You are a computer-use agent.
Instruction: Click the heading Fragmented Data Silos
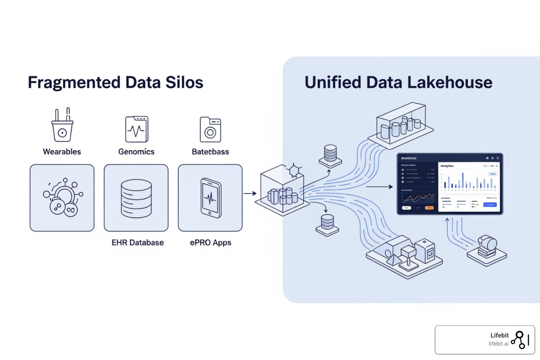click(x=115, y=83)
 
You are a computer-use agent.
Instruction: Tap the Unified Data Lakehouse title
click(x=398, y=83)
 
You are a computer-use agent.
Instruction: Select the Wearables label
click(x=62, y=152)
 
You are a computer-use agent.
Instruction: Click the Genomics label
click(x=136, y=152)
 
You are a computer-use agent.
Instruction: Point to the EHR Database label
click(x=137, y=243)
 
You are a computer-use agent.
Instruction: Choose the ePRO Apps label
click(x=211, y=243)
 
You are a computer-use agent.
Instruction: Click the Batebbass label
click(x=210, y=152)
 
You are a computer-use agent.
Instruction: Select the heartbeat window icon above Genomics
click(x=137, y=129)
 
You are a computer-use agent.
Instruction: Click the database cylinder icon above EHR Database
click(x=136, y=198)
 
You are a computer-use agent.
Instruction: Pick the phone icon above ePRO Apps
click(x=211, y=198)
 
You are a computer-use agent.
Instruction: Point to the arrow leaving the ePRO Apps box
click(x=250, y=193)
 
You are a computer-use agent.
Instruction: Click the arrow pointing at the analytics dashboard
click(x=379, y=187)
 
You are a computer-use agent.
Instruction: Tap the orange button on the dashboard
click(x=429, y=208)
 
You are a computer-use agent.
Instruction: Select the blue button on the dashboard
click(x=490, y=205)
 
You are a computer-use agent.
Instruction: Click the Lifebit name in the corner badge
click(x=500, y=335)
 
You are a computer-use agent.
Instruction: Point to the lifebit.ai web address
click(x=499, y=344)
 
